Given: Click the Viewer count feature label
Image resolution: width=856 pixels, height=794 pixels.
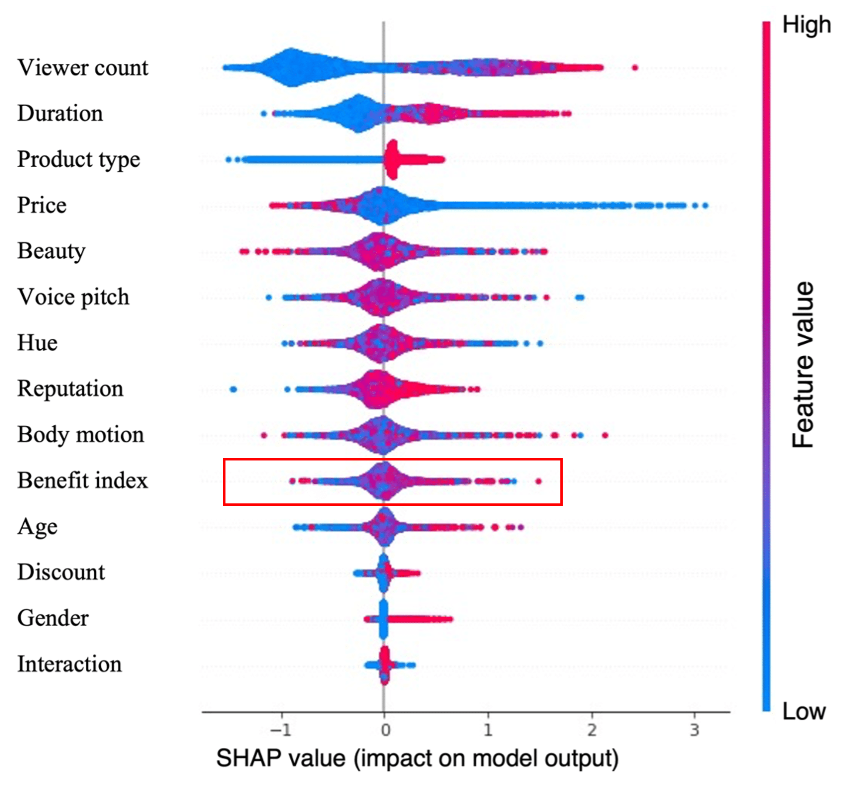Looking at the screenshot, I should click(83, 68).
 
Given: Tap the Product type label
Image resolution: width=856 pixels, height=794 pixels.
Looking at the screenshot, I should click(78, 160).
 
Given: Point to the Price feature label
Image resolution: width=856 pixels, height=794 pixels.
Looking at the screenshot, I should click(42, 205).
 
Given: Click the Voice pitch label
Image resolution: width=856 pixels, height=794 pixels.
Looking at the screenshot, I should click(73, 297).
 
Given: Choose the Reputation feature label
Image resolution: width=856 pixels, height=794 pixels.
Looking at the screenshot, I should click(70, 389).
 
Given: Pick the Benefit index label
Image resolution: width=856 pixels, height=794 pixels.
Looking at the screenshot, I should click(82, 480).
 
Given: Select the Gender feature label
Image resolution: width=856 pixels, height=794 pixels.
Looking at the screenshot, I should click(53, 618).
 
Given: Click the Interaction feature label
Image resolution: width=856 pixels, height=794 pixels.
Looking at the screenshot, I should click(70, 664).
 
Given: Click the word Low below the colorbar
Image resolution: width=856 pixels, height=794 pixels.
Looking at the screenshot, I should click(803, 712).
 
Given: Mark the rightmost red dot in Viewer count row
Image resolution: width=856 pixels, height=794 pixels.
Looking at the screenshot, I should click(635, 67).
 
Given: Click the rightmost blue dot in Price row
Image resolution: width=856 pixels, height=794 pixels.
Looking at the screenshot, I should click(705, 206).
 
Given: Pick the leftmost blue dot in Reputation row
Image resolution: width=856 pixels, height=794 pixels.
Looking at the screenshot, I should click(233, 390).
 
